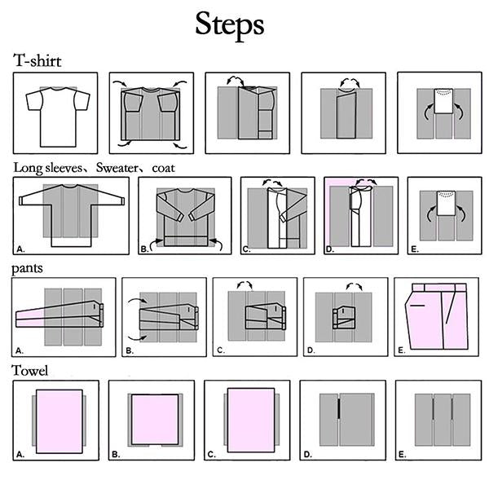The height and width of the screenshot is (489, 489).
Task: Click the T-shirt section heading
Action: coord(37,60)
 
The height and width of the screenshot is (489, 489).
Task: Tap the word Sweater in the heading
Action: coord(117,168)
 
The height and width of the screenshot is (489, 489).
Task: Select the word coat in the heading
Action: coord(164,169)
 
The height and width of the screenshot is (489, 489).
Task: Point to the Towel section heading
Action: coord(29,371)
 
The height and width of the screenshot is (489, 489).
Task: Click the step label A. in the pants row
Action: coord(20,350)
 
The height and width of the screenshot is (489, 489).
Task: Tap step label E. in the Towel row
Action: coord(403,455)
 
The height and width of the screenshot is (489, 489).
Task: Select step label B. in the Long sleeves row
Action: coord(144,249)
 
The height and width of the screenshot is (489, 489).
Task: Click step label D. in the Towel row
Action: coord(307,455)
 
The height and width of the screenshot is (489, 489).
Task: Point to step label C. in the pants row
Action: coord(221,350)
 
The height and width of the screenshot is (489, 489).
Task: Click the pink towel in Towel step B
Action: coord(155,419)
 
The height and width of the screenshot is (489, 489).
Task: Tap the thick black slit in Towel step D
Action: coord(338,408)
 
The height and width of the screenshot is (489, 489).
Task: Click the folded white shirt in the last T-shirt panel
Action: coord(443,101)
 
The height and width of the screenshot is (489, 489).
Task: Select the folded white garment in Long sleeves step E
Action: coord(446,203)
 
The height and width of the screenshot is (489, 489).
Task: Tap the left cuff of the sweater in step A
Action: coord(21,200)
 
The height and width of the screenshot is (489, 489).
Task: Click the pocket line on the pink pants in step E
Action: coord(417,306)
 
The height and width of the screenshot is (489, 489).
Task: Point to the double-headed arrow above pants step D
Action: coord(354,285)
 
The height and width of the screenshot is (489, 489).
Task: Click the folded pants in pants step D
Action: coord(344,318)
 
